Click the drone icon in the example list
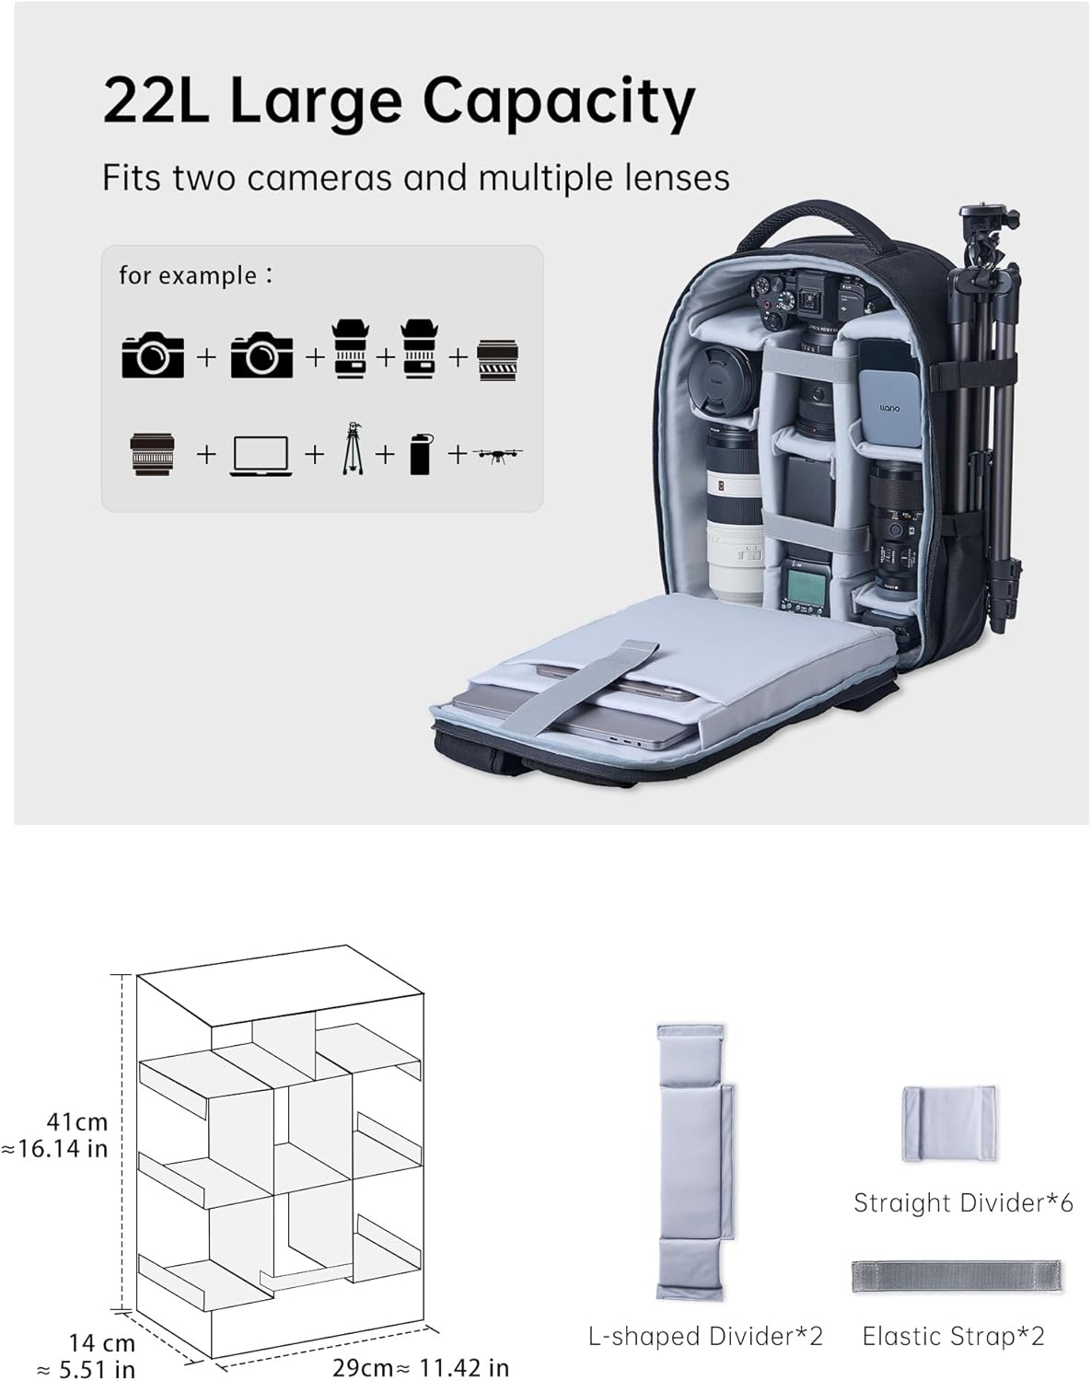point(498,454)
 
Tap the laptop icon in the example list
point(261,456)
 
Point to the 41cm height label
point(77,1122)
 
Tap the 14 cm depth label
point(101,1344)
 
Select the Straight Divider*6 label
point(963,1202)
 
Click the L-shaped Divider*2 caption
point(706,1336)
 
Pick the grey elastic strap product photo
point(956,1276)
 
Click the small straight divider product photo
point(949,1123)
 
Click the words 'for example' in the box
point(189,275)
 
